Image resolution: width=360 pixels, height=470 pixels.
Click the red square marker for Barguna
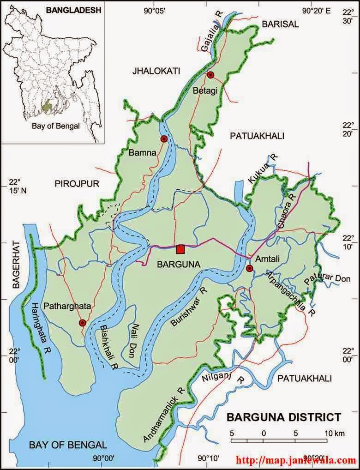[x=180, y=249]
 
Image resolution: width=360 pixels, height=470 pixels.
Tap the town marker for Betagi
[x=210, y=75]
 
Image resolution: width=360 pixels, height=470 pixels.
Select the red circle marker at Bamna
[x=163, y=139]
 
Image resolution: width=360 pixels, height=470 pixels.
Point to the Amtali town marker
[x=250, y=268]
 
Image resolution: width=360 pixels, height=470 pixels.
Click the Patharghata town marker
[x=83, y=323]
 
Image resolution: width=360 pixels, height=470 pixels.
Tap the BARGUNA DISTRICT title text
[x=284, y=417]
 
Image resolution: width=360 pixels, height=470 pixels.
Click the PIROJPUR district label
[x=77, y=184]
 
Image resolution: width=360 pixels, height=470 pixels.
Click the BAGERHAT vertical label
[x=15, y=265]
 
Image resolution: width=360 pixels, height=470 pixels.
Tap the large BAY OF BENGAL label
[x=68, y=445]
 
